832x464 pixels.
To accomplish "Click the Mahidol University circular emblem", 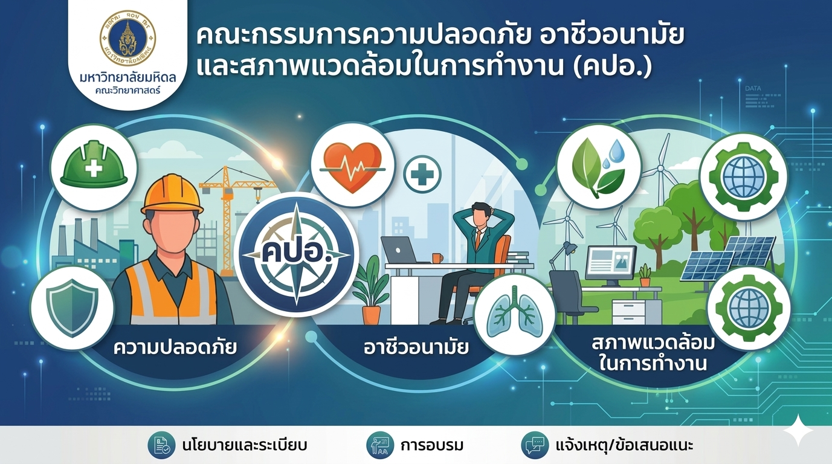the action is click(127, 39).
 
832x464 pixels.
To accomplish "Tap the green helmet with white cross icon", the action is click(94, 167).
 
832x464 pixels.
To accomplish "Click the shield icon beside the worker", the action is click(72, 308).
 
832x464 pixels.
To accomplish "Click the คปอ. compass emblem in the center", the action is click(297, 255).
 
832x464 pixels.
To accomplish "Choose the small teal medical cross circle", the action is click(422, 174).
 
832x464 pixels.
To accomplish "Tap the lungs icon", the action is click(515, 315).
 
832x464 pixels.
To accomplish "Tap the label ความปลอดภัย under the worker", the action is click(175, 348).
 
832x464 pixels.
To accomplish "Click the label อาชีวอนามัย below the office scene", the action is click(416, 348).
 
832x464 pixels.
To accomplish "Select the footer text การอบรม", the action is click(432, 445).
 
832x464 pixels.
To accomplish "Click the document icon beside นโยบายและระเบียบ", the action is click(161, 445).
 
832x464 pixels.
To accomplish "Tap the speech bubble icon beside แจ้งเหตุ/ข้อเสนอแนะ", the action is click(535, 445).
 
